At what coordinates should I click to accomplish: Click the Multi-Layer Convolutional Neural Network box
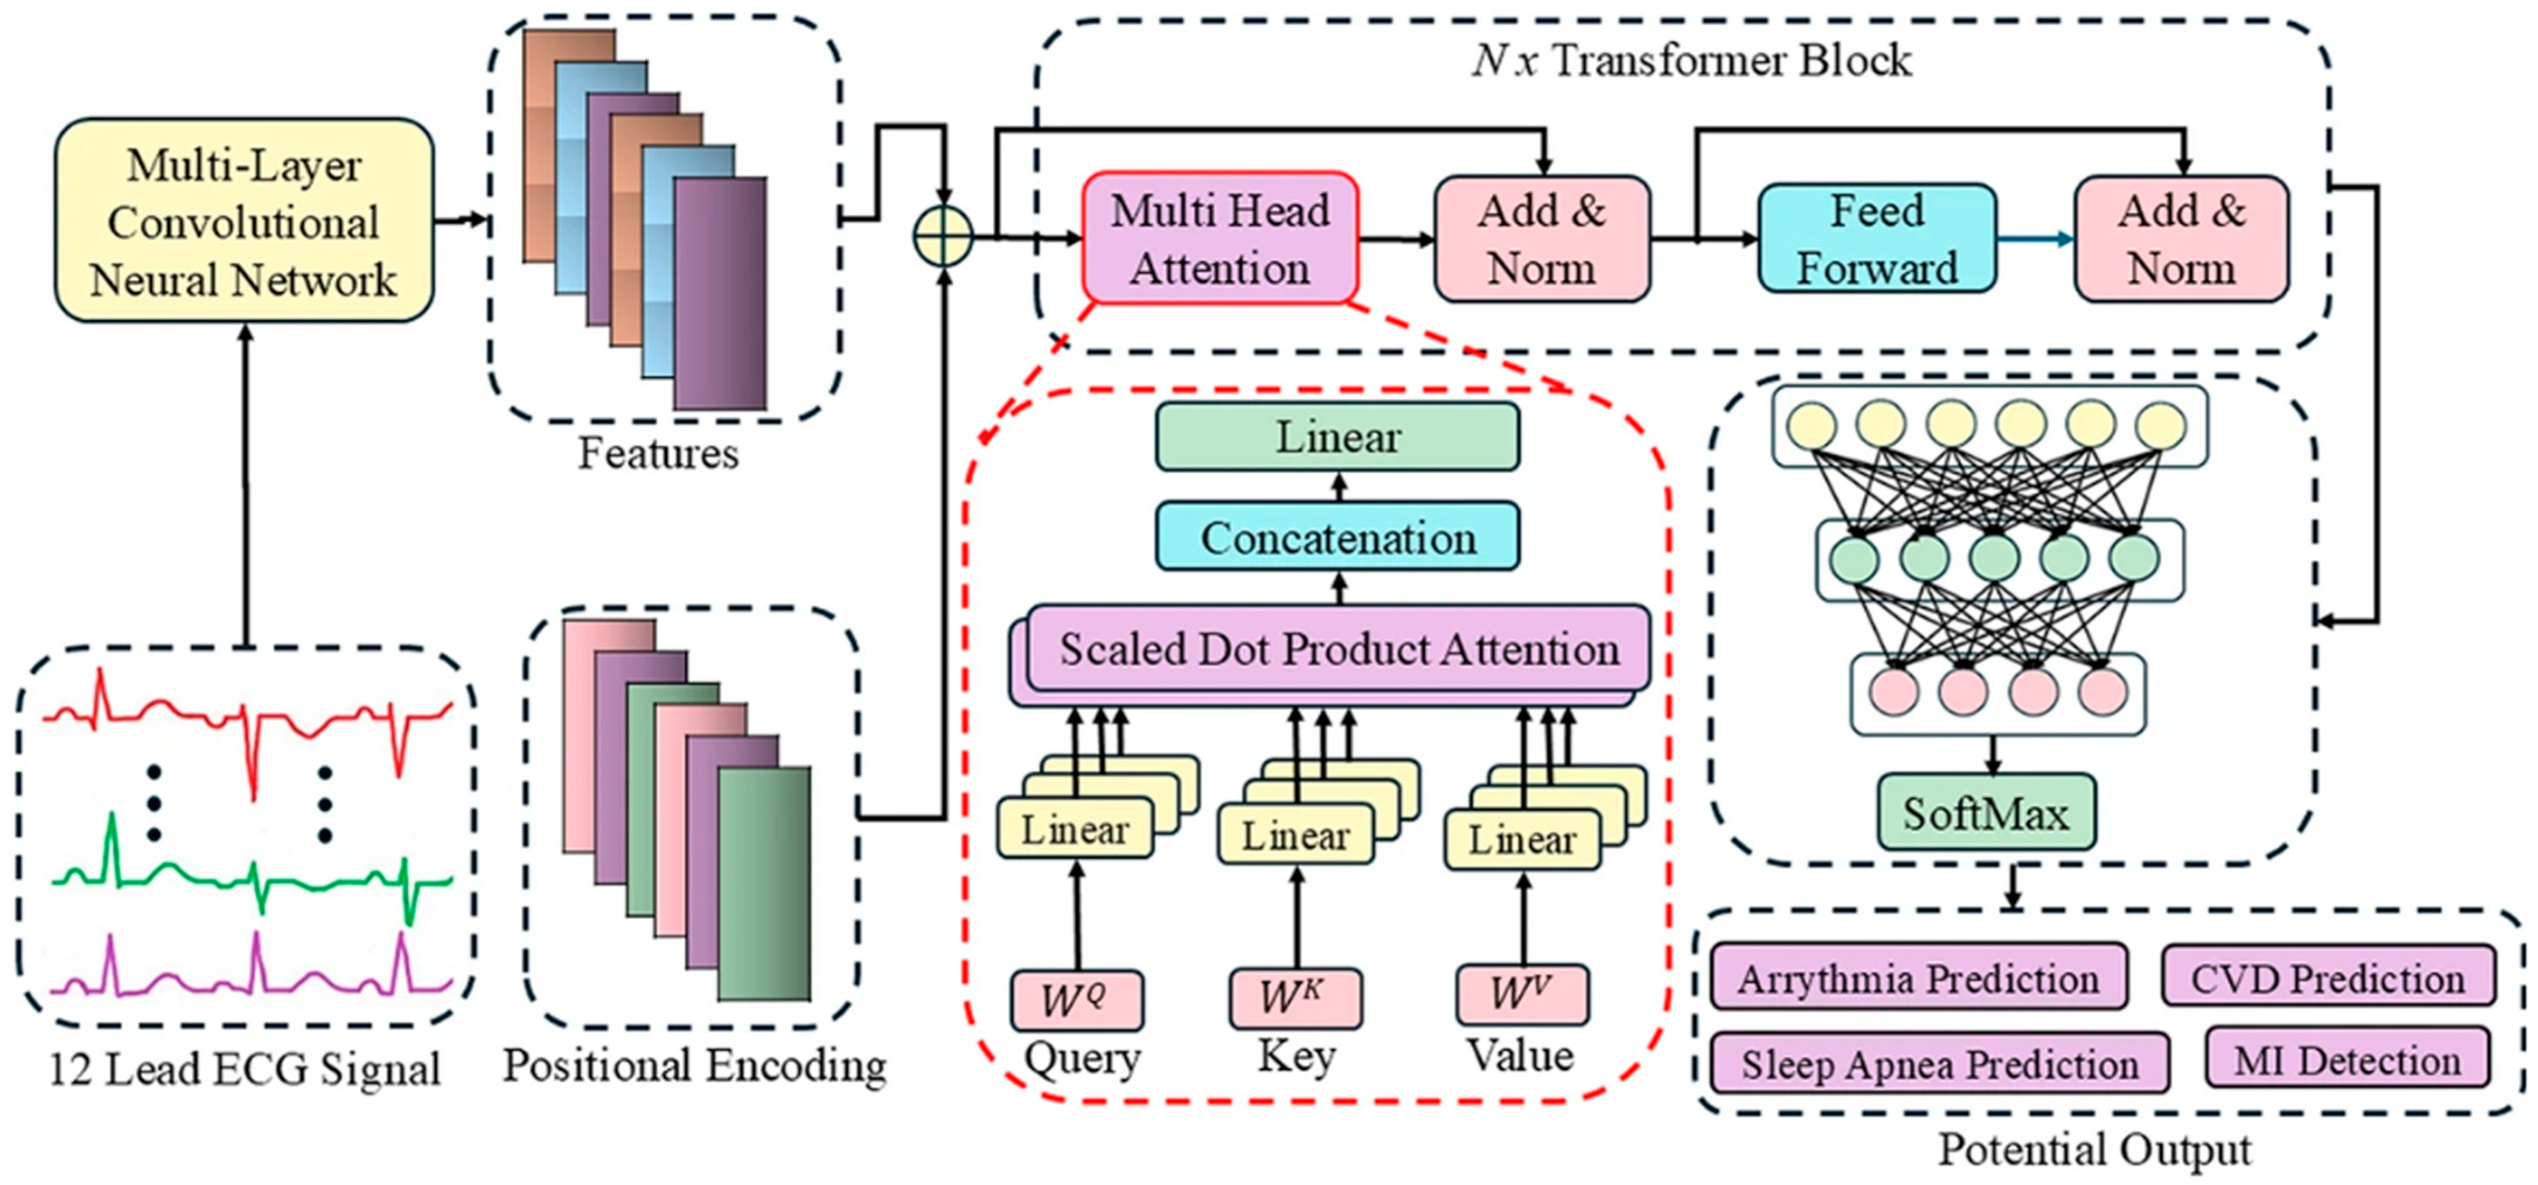coord(245,221)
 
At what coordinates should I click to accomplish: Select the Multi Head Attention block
coord(1221,238)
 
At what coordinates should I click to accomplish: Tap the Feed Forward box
coord(1878,238)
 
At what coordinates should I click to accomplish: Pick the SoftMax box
coord(1986,813)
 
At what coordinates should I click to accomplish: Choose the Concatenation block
coord(1338,537)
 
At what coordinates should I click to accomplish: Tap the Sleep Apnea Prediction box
coord(1940,1063)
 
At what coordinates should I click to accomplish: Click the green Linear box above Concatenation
coord(1338,437)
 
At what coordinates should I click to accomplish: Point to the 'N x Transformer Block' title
coord(1692,60)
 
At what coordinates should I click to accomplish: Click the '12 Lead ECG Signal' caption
coord(245,1069)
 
